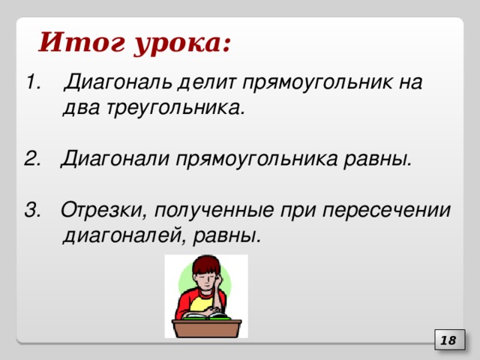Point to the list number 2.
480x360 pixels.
coord(31,159)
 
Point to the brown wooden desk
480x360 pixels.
coord(207,328)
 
